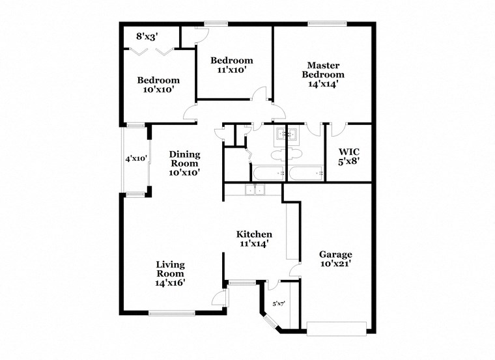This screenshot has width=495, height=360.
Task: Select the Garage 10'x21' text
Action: coord(335,259)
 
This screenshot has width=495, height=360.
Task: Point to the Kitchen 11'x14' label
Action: coord(254,239)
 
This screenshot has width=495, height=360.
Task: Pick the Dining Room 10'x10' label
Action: coord(184,163)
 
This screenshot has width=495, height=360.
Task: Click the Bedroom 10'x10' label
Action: coord(158,85)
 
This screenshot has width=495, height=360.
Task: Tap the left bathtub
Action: coord(268,173)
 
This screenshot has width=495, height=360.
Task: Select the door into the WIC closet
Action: coord(336,130)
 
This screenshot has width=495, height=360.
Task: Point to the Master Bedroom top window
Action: coord(327,24)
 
